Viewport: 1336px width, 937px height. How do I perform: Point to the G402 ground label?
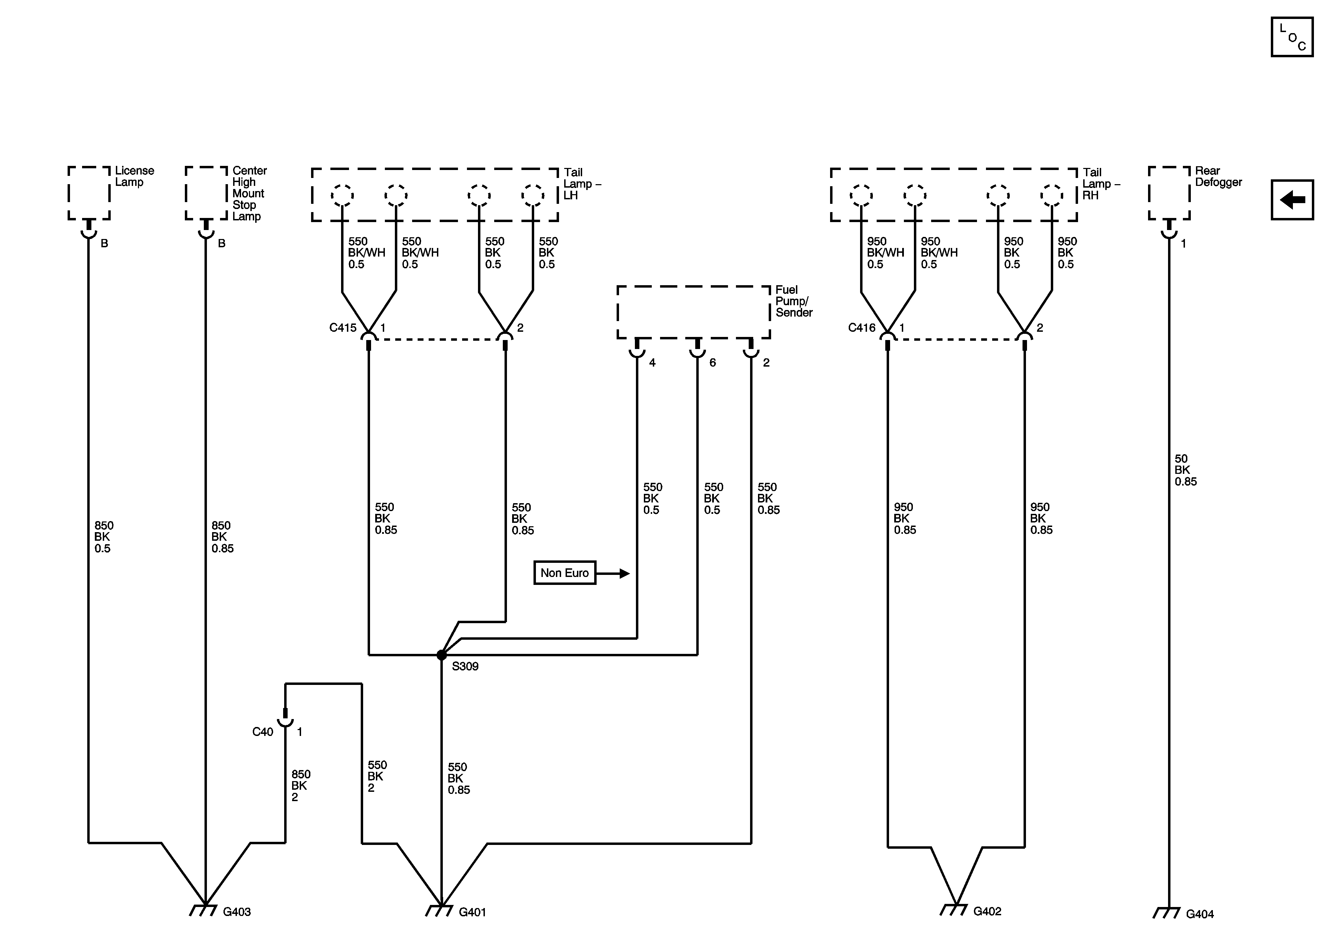(x=987, y=911)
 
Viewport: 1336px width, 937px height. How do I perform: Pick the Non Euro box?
(x=565, y=573)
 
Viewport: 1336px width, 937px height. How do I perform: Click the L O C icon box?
(x=1292, y=37)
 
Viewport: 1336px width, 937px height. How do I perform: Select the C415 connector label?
(x=343, y=328)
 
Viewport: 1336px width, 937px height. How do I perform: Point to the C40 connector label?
(x=262, y=732)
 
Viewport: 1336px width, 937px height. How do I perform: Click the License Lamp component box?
(x=89, y=193)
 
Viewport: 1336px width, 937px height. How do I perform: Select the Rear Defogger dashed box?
(x=1169, y=193)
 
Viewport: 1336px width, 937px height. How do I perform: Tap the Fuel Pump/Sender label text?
(x=793, y=301)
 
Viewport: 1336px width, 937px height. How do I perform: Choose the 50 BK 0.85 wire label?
(x=1185, y=470)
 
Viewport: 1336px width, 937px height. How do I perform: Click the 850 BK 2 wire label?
(x=301, y=786)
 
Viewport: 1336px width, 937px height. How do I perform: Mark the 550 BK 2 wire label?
(x=377, y=776)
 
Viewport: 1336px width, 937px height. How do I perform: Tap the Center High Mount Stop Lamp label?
(x=249, y=193)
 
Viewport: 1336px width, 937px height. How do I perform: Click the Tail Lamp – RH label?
(x=1100, y=184)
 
